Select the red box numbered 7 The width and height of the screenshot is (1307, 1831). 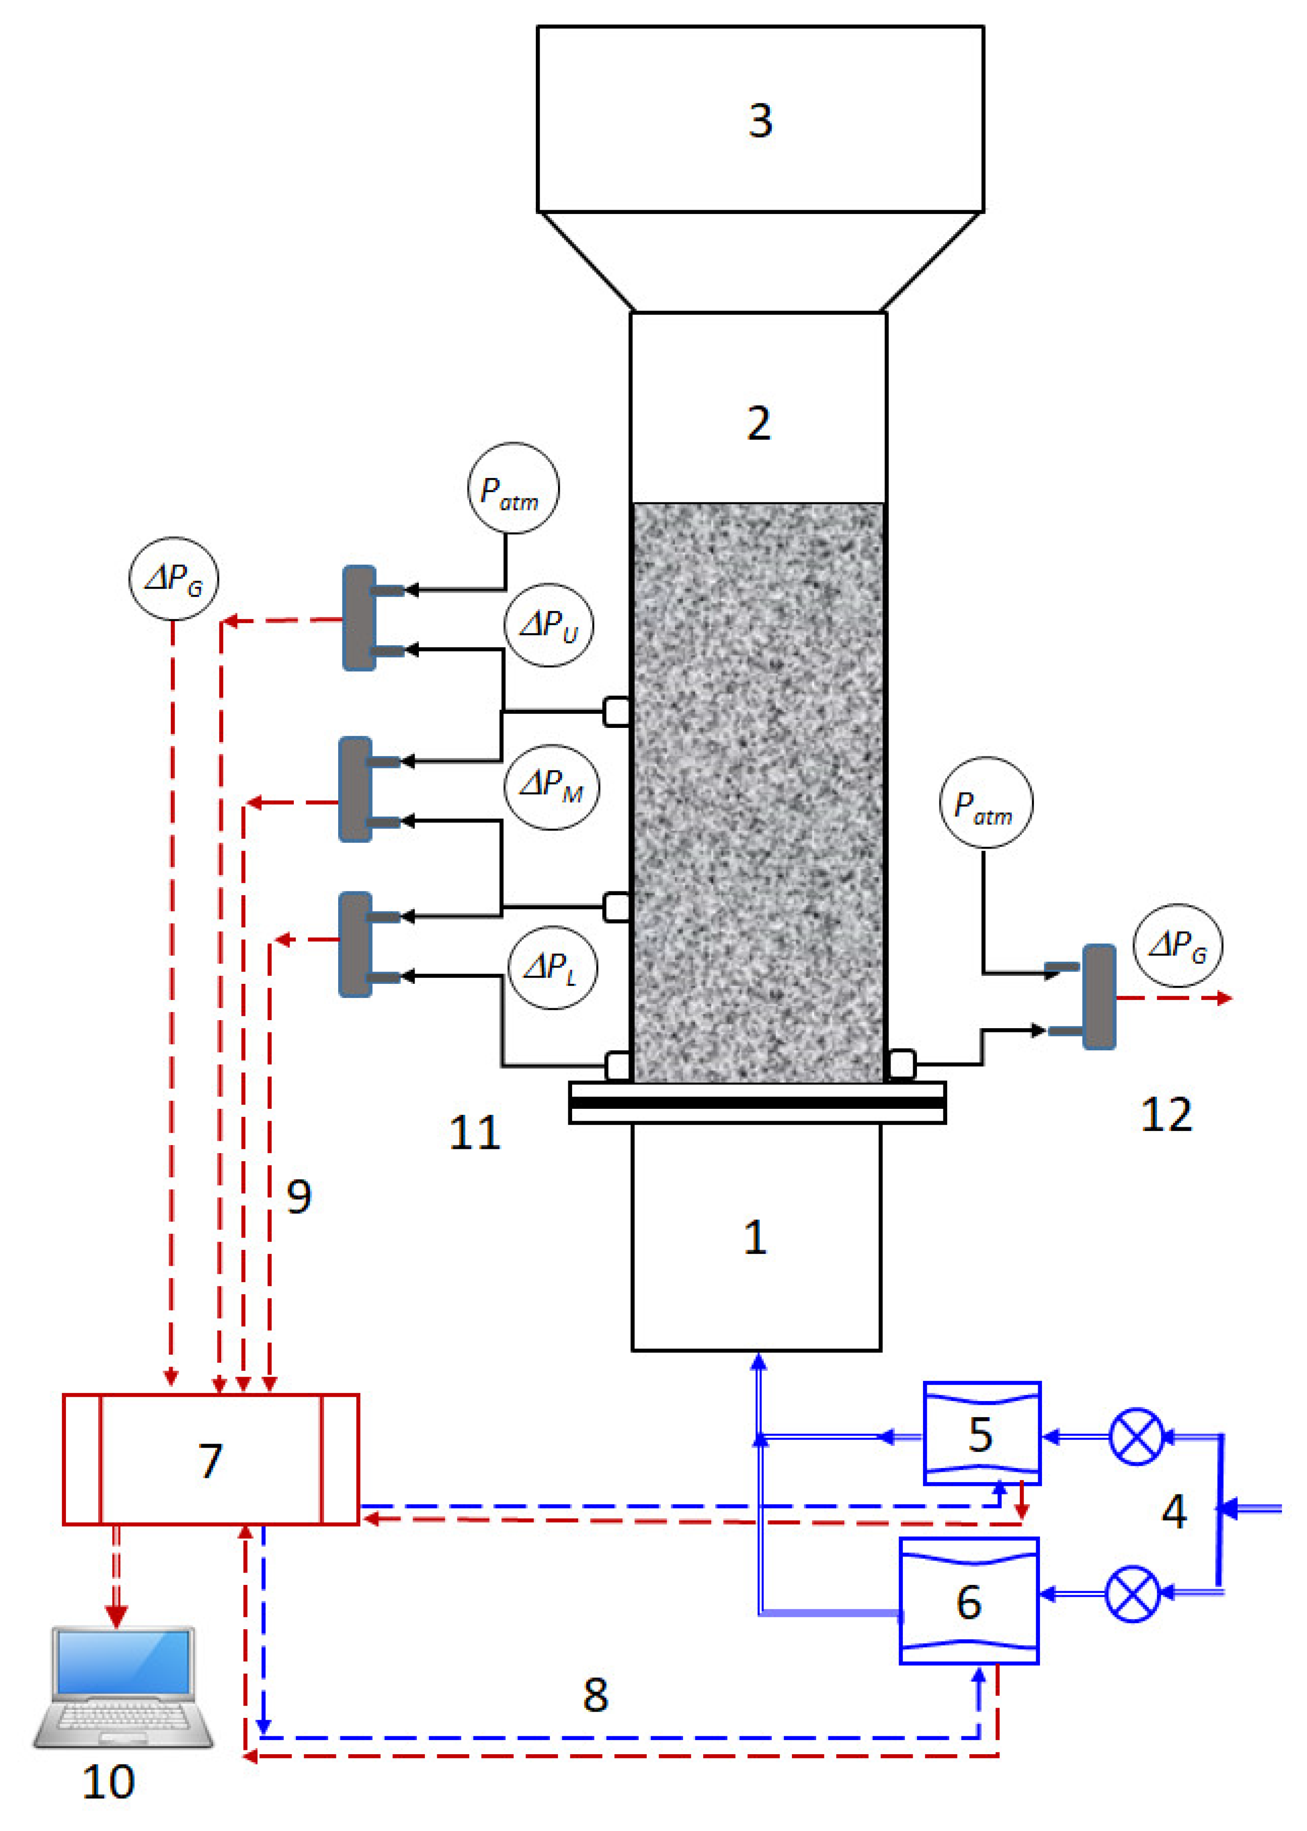pyautogui.click(x=211, y=1460)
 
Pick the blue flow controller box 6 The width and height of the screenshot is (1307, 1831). pyautogui.click(x=969, y=1601)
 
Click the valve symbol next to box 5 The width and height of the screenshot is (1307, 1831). pyautogui.click(x=1136, y=1436)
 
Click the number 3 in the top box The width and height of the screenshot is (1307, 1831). pyautogui.click(x=760, y=121)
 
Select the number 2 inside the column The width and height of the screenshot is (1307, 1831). pyautogui.click(x=758, y=423)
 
